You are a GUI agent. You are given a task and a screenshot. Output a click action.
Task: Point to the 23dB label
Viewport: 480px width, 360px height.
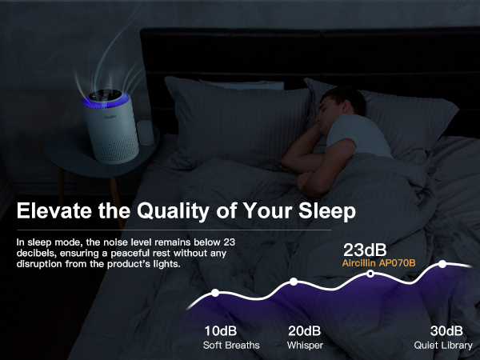coord(365,248)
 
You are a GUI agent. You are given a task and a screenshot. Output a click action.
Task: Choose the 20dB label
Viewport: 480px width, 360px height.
coord(304,331)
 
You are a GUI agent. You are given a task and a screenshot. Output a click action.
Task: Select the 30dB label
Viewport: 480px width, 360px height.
coord(446,331)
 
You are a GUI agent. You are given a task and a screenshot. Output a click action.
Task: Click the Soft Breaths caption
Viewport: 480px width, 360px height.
coord(230,346)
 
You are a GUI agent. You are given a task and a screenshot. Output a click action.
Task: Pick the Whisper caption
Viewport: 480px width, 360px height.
coord(304,346)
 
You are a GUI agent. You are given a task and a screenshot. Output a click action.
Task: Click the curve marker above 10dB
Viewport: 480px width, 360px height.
coord(215,293)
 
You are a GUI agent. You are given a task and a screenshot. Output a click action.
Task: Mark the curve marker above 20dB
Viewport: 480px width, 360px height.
coord(294,282)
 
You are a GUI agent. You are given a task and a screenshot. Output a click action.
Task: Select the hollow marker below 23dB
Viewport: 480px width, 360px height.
coord(370,274)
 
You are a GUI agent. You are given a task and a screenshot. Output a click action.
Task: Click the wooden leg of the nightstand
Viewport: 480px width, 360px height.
coord(113,192)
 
